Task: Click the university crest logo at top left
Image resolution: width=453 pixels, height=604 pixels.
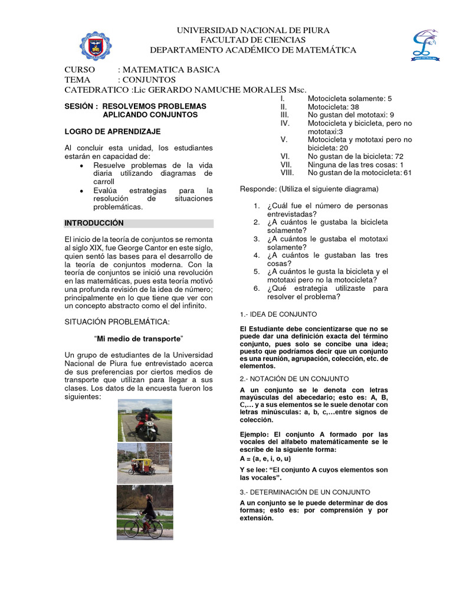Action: tap(98, 43)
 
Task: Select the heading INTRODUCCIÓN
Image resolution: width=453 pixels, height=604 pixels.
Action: tap(94, 223)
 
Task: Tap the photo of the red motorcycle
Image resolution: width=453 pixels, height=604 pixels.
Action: tap(145, 420)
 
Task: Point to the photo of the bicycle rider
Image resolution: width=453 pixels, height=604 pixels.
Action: tap(145, 511)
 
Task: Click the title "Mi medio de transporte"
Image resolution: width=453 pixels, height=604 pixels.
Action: tap(139, 338)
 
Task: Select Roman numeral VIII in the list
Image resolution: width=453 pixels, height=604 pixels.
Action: tap(287, 173)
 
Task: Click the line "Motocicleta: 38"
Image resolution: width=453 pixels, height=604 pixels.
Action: tap(333, 107)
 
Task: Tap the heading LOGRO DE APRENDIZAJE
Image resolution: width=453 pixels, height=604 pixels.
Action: tap(112, 131)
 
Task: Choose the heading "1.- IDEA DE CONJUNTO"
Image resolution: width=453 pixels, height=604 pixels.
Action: tap(278, 314)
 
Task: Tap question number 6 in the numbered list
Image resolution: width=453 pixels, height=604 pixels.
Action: tap(257, 288)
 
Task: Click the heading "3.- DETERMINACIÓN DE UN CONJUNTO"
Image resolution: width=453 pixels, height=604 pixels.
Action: tap(305, 491)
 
